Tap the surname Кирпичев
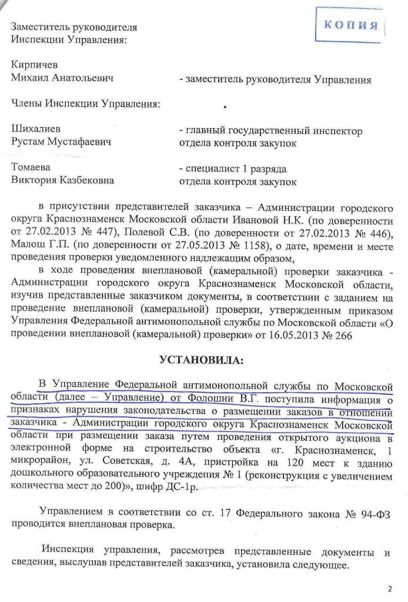[x=35, y=64]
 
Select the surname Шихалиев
[x=36, y=128]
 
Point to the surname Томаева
[x=32, y=168]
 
